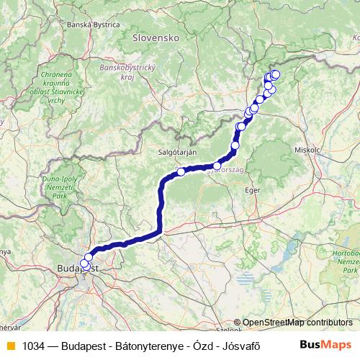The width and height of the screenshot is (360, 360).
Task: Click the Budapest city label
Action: (71, 269)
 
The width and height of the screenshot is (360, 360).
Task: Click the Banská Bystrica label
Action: (92, 24)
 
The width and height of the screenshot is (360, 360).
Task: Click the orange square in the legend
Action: (10, 345)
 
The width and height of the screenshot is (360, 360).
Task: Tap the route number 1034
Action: (33, 345)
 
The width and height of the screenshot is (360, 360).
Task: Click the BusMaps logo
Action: (326, 344)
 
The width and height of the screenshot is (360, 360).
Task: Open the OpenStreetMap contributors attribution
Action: (297, 322)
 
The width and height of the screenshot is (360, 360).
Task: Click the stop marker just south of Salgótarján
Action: (181, 171)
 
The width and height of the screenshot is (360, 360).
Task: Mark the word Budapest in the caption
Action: (84, 345)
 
